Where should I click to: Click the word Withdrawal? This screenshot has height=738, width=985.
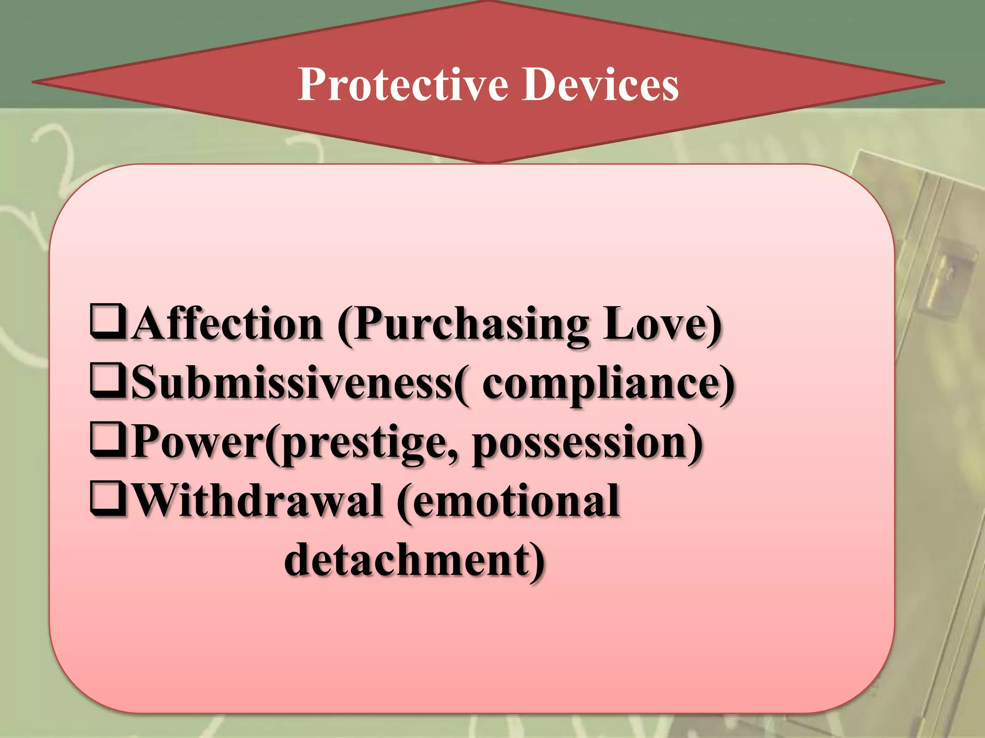(257, 501)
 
